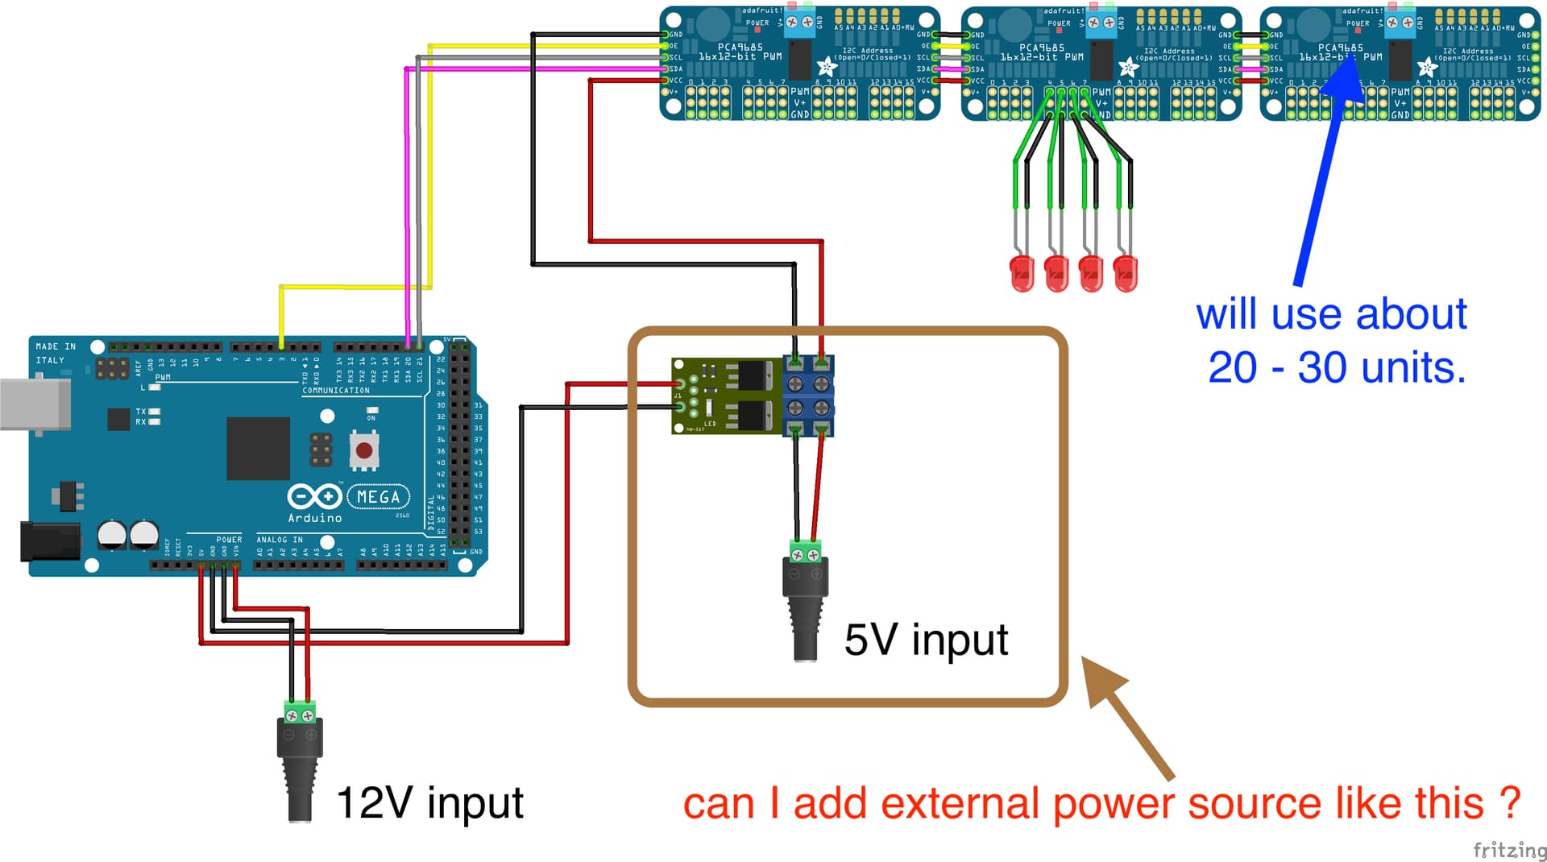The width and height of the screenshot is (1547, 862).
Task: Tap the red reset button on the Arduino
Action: [x=364, y=450]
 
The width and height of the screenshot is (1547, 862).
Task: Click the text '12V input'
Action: [x=429, y=803]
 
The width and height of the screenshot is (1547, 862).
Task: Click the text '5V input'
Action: [x=926, y=640]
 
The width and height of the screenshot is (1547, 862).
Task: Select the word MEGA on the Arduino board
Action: [x=379, y=497]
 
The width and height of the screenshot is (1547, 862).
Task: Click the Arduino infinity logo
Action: [x=314, y=496]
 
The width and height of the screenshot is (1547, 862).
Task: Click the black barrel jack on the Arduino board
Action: [x=50, y=541]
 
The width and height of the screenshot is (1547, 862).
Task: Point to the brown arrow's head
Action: [x=1101, y=677]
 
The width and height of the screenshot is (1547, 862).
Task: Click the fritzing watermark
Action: [x=1509, y=850]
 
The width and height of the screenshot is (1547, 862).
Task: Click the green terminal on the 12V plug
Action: [x=300, y=714]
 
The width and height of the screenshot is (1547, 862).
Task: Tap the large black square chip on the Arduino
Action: [x=258, y=448]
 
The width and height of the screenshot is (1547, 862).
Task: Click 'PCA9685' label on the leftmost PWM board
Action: [x=740, y=48]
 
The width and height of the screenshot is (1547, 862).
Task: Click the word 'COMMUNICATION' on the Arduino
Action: [x=336, y=391]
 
